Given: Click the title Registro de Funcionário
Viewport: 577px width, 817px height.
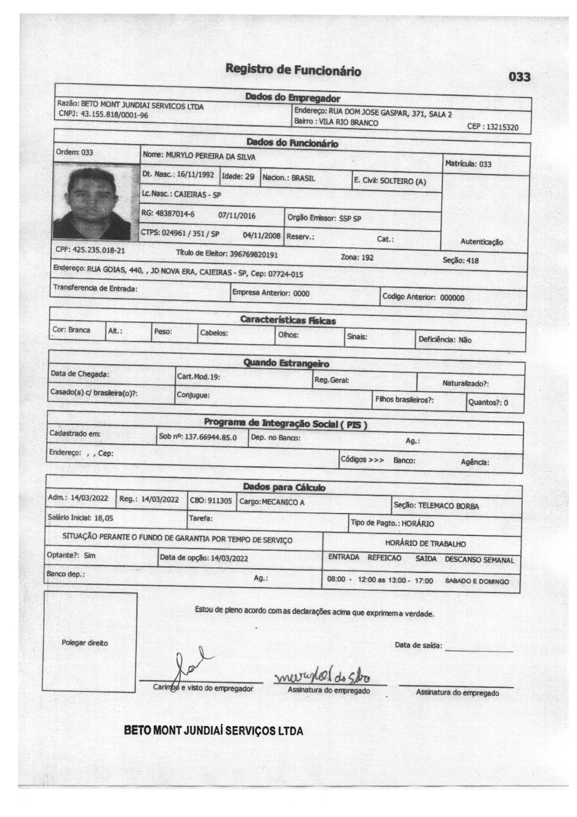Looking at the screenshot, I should (293, 70).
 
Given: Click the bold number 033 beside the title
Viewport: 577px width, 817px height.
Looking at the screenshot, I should (519, 77).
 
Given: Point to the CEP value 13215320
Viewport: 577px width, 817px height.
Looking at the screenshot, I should (505, 128).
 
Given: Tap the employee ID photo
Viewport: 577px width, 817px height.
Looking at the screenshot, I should (96, 202).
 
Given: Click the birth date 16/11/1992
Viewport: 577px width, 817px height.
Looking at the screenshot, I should (195, 175).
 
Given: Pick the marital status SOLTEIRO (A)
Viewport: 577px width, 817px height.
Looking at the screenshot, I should (403, 181).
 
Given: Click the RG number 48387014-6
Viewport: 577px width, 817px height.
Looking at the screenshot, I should (175, 214).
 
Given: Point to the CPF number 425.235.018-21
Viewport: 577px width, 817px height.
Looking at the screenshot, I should (99, 250).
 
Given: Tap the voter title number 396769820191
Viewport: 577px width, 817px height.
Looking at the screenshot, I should (254, 255).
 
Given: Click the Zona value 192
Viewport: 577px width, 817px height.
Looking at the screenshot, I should (367, 258).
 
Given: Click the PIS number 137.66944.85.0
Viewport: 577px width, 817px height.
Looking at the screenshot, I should (211, 437).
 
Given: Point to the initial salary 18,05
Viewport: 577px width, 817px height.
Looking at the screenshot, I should (103, 518).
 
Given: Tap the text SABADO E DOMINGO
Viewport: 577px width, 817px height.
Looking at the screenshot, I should (477, 581).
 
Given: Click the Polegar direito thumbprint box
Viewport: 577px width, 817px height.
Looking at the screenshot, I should (90, 642).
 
